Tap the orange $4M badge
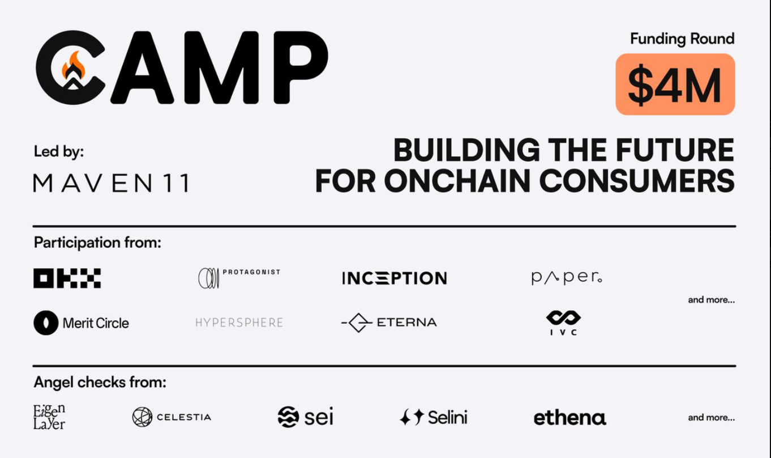[x=675, y=84]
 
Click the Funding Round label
[x=682, y=39]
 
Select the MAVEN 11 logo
[x=112, y=183]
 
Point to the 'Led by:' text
[x=59, y=152]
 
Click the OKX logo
[x=67, y=278]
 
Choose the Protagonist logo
[x=239, y=278]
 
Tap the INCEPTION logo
[x=395, y=278]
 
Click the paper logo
[x=567, y=278]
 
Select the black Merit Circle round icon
[x=46, y=323]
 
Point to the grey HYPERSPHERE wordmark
[x=239, y=323]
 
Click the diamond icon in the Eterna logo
[x=358, y=323]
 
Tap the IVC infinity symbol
[x=563, y=318]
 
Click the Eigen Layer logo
[x=49, y=417]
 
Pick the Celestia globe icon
[x=142, y=417]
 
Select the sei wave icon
[x=288, y=417]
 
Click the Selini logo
[x=434, y=417]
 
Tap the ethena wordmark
[x=570, y=418]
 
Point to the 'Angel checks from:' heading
[x=100, y=383]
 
